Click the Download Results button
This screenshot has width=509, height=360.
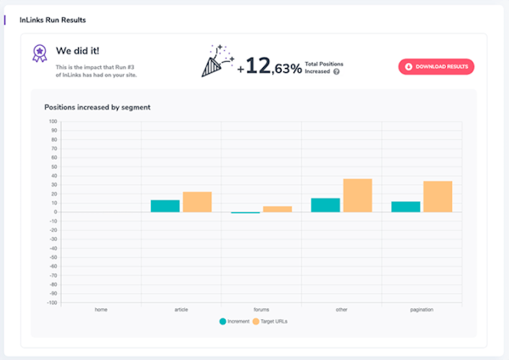[436, 66]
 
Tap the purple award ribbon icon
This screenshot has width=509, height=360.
[38, 53]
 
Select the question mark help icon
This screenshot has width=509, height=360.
[337, 71]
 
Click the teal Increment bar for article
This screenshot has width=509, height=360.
[165, 205]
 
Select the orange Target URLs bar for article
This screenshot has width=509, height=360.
[197, 201]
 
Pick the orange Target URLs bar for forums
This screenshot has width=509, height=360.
[277, 209]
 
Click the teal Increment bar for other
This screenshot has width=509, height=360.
[326, 205]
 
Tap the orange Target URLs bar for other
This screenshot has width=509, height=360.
[357, 195]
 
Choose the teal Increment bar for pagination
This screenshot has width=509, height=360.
[406, 206]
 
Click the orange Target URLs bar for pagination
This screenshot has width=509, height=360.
[438, 196]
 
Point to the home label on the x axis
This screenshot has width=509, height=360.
[101, 309]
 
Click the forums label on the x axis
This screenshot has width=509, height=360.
[261, 309]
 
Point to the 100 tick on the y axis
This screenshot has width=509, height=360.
[53, 121]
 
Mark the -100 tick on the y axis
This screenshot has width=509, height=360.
[52, 302]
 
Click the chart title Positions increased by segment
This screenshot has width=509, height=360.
[98, 108]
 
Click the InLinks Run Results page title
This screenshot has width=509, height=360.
[52, 19]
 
